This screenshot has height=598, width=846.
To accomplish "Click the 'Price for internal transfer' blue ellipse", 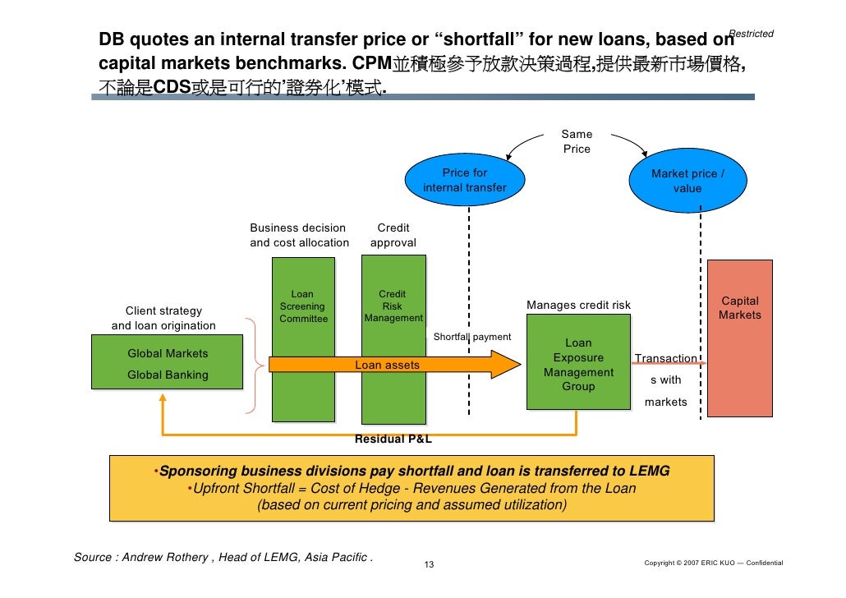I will [x=465, y=181].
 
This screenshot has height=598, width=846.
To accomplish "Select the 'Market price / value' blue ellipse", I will [x=687, y=181].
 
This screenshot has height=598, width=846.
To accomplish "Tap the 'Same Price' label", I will [x=576, y=141].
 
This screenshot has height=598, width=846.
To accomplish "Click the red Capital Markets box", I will [x=739, y=338].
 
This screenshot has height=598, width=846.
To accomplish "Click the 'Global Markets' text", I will [x=168, y=354].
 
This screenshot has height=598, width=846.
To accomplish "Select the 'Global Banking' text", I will [x=168, y=375].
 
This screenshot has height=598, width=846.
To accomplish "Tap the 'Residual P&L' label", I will [x=393, y=439].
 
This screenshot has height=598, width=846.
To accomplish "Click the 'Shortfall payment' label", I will [x=471, y=337].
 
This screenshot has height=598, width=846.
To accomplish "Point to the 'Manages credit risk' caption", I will [x=578, y=306].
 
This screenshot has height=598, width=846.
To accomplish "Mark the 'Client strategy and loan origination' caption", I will [x=163, y=319].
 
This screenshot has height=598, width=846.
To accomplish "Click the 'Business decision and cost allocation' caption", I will [x=299, y=235].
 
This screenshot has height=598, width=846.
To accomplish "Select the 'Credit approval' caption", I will [x=393, y=235].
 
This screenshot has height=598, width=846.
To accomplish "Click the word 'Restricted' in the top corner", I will [x=751, y=34].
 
